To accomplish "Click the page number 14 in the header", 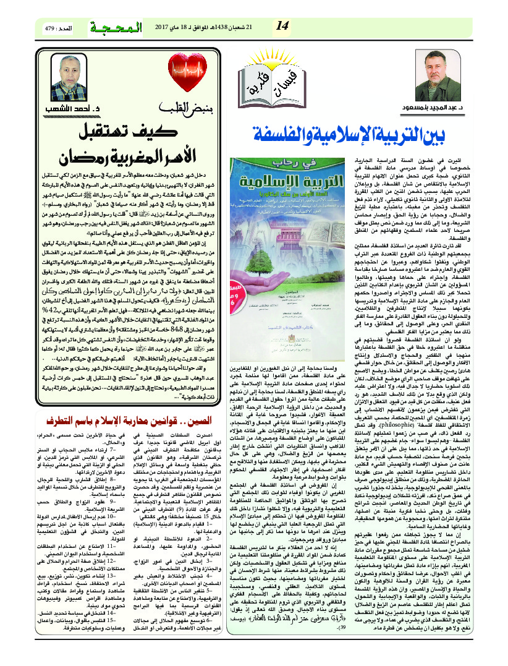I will pyautogui.click(x=283, y=25).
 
